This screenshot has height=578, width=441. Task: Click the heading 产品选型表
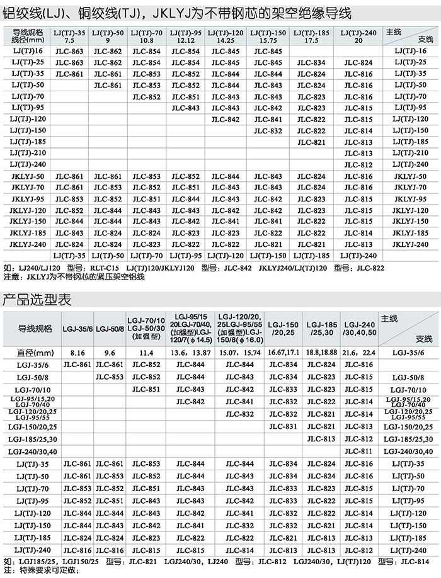(37, 299)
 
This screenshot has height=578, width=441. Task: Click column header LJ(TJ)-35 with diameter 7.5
(69, 35)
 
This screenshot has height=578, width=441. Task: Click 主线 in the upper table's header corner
(393, 31)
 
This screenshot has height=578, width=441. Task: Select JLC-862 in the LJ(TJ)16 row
(107, 51)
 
